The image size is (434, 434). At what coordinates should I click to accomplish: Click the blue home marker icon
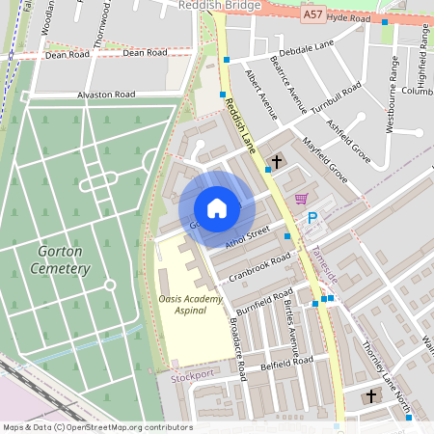[217, 208]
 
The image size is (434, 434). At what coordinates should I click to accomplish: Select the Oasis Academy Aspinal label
[190, 305]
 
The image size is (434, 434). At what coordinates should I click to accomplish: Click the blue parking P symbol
[312, 219]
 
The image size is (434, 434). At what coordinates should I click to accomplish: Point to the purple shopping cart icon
[301, 199]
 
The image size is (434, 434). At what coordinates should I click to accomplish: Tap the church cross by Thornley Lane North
[371, 396]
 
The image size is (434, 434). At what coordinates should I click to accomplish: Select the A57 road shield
[312, 14]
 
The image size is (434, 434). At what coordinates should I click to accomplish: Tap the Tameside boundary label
[324, 261]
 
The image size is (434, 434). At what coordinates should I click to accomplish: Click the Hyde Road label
[348, 17]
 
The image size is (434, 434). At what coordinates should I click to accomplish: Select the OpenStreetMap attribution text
[96, 427]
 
